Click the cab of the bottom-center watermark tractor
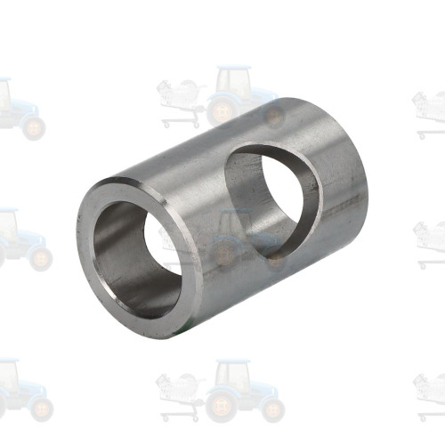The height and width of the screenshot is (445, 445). [x=234, y=378]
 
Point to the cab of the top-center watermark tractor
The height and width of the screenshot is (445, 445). [x=234, y=83]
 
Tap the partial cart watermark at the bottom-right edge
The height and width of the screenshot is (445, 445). [x=431, y=392]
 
